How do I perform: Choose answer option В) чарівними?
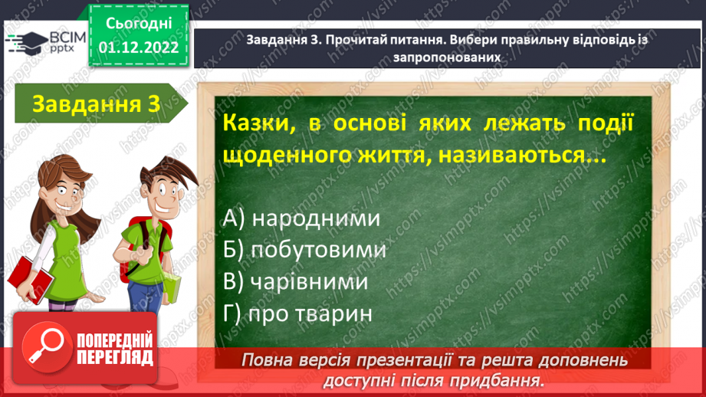(296, 281)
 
